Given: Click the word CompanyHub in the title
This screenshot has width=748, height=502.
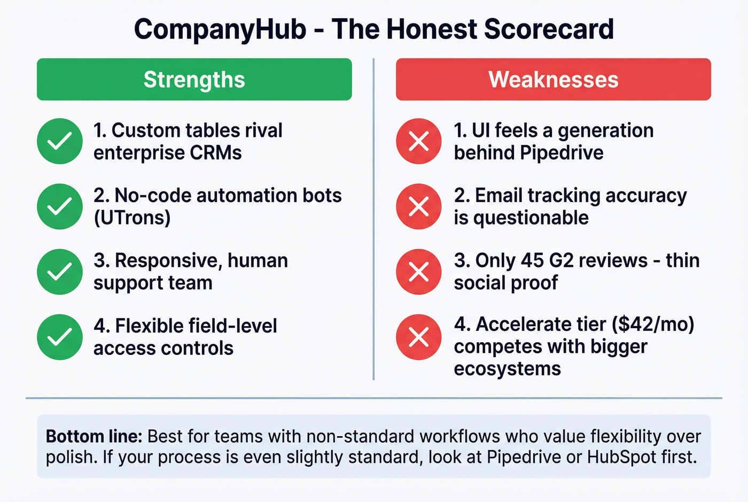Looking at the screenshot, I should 220,29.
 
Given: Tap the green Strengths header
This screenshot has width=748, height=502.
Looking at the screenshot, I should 194,80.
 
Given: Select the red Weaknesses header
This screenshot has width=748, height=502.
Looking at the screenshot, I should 553,80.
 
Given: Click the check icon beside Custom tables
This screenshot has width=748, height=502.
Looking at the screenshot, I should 60,141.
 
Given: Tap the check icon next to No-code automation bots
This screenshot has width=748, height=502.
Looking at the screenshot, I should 60,206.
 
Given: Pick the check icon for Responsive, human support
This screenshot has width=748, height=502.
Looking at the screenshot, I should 60,272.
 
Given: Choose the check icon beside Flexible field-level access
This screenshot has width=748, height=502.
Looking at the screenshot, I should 60,337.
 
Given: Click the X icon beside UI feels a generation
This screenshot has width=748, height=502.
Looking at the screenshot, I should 419,141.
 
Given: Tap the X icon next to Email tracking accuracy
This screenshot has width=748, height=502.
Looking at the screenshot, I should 419,206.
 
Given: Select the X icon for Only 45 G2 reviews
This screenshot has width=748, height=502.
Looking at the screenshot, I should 419,272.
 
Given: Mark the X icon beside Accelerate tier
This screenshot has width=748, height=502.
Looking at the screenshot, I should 419,337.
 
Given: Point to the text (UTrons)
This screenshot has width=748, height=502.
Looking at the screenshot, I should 132,218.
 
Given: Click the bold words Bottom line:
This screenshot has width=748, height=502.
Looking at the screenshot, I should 94,436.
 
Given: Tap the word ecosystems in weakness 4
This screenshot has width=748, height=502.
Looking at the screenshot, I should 507,369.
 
